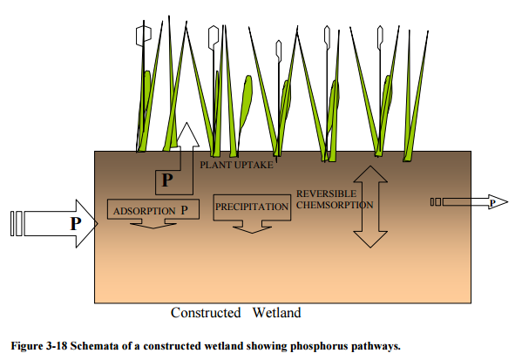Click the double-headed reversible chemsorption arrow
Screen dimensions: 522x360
[x=370, y=207]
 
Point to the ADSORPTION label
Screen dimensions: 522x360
[x=144, y=211]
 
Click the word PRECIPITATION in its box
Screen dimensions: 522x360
[x=252, y=207]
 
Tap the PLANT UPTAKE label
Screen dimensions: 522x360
[x=236, y=165]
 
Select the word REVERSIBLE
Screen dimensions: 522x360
[x=326, y=194]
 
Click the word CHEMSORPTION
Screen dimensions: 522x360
[x=335, y=205]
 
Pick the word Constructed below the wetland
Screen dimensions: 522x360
[x=206, y=313]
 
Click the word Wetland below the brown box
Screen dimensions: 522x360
[x=276, y=313]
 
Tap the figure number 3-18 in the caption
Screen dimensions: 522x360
[x=57, y=346]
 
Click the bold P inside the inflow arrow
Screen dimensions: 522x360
[x=76, y=223]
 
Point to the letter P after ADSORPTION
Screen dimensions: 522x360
[x=184, y=210]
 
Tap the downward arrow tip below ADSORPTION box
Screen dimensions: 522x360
[x=153, y=228]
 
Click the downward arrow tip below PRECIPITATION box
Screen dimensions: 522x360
[x=252, y=233]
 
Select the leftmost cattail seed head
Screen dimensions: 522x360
[x=144, y=36]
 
